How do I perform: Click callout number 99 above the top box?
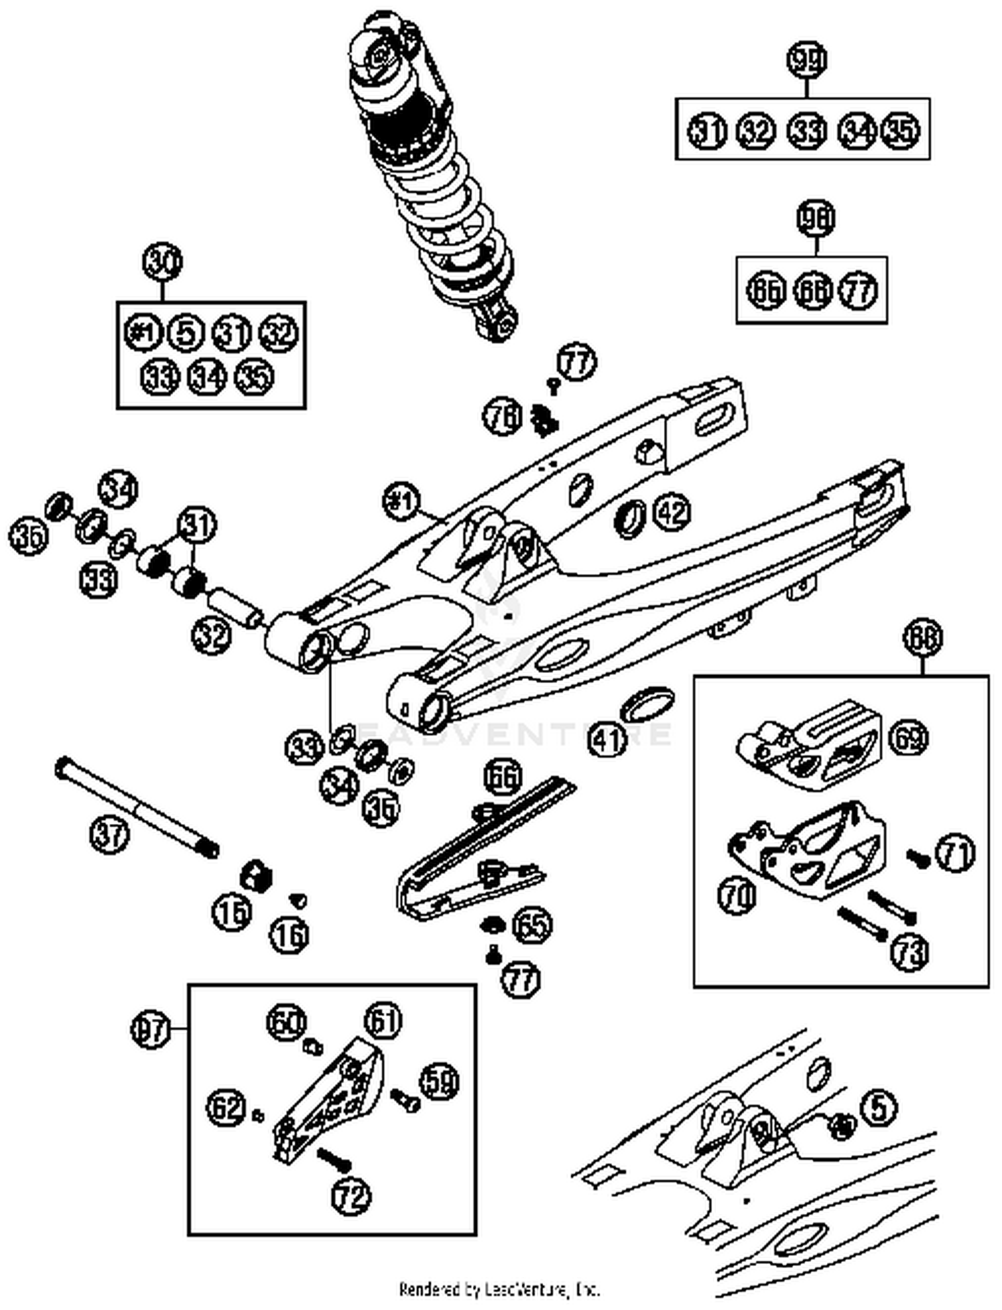[807, 60]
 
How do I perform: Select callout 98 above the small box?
[816, 219]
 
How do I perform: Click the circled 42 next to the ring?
[671, 512]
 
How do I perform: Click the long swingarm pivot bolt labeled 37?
[137, 808]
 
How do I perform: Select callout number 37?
[109, 835]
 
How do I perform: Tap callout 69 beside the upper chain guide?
[909, 738]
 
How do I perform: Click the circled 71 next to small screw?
[955, 853]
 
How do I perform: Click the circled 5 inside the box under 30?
[187, 333]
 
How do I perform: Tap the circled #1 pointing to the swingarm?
[403, 501]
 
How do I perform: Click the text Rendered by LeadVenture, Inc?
[500, 1289]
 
